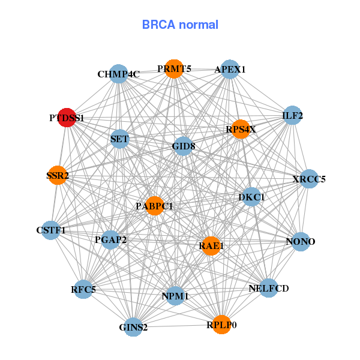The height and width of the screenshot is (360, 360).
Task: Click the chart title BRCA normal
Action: (180, 25)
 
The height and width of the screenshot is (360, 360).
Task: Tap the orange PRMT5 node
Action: (173, 69)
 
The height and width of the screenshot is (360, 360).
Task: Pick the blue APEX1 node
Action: (230, 70)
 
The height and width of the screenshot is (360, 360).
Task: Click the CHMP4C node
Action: (119, 74)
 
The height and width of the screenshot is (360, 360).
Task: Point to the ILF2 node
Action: (292, 115)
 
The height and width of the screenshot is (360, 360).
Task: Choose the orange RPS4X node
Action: (240, 129)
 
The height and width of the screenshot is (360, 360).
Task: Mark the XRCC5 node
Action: (308, 179)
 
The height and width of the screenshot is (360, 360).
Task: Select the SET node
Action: (119, 139)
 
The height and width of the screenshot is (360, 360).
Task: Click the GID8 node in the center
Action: (183, 146)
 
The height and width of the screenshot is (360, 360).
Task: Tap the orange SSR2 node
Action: (57, 176)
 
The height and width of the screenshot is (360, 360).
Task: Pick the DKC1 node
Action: (251, 197)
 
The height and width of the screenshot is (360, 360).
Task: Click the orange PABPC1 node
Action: (154, 206)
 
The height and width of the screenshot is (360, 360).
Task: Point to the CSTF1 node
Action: (51, 230)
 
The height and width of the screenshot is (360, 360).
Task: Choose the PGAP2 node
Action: (110, 240)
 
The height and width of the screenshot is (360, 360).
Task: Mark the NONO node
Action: (300, 242)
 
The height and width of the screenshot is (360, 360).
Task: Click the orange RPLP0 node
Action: (221, 325)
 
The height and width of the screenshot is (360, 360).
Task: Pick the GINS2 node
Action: (133, 327)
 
